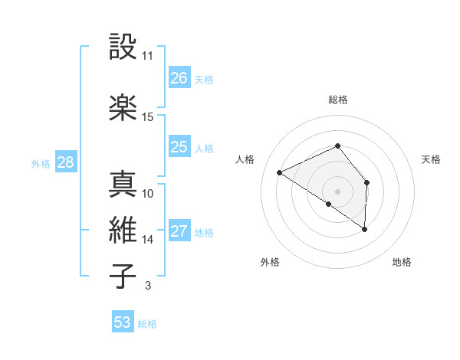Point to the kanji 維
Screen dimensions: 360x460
click(x=123, y=230)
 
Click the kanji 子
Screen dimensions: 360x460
click(x=123, y=276)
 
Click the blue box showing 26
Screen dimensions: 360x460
click(x=179, y=78)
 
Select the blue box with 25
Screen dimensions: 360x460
click(x=179, y=147)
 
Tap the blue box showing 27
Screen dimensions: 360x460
click(x=179, y=232)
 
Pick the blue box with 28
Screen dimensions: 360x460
click(x=64, y=162)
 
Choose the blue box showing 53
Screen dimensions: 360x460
click(x=123, y=322)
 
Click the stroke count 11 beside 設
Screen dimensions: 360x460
click(x=147, y=56)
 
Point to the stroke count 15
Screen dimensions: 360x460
click(x=147, y=116)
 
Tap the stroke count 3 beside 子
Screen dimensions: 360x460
click(x=147, y=286)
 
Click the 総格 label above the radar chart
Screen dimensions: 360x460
click(x=337, y=100)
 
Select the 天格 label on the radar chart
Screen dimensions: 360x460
click(x=432, y=159)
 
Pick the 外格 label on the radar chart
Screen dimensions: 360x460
click(x=270, y=262)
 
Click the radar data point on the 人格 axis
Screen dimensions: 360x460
click(x=280, y=172)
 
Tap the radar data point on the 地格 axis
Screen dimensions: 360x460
click(x=365, y=229)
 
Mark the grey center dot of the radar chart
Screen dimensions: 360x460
click(x=337, y=191)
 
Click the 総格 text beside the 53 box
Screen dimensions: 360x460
click(x=147, y=323)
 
